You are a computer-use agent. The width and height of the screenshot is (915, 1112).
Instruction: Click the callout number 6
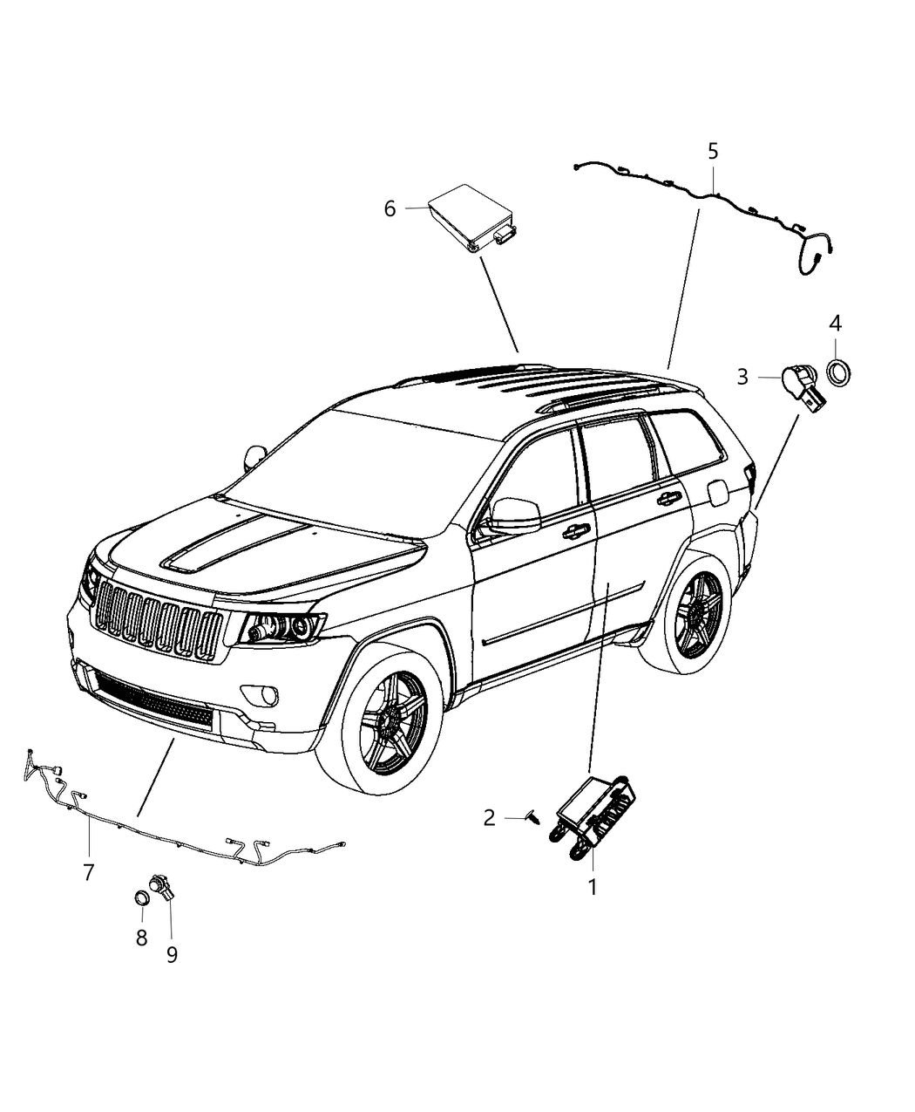coord(390,209)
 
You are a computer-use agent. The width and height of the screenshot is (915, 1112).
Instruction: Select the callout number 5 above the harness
coord(713,152)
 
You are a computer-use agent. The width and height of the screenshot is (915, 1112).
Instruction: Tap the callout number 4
coord(835,324)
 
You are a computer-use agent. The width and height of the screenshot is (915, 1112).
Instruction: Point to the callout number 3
coord(742,377)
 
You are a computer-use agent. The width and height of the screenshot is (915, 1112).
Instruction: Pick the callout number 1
coord(593,888)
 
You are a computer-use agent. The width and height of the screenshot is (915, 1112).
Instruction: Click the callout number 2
coord(489,817)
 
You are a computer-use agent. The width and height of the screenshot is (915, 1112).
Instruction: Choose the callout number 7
coord(88,872)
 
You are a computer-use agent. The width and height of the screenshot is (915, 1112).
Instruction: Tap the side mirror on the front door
coord(514,516)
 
